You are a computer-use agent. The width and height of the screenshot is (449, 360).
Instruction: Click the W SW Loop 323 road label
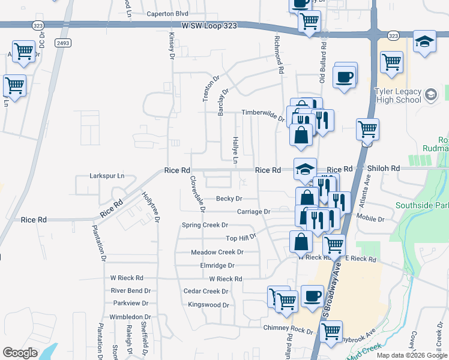tap(208, 26)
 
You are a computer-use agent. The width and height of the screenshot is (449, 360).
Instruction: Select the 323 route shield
tap(393, 36)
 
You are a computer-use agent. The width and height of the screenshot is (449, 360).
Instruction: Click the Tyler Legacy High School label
tap(397, 95)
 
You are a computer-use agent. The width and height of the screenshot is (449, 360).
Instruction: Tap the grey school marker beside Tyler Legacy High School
tap(430, 95)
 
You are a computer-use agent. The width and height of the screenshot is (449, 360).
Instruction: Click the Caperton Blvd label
tap(168, 13)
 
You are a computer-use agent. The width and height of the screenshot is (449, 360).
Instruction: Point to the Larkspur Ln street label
tap(106, 176)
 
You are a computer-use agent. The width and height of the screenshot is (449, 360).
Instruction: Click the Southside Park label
tap(422, 206)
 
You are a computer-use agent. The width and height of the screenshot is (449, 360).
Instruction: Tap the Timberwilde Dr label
tap(263, 113)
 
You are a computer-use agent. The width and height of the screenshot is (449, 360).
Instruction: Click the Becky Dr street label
tap(229, 199)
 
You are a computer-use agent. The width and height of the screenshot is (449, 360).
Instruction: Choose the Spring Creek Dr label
tap(205, 225)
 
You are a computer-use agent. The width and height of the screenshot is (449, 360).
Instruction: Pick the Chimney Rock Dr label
tap(288, 331)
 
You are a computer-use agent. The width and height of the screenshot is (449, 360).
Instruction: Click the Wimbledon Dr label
tap(129, 317)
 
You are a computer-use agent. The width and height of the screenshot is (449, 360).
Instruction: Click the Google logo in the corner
tap(20, 352)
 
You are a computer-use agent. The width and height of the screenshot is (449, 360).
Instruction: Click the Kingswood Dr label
tap(209, 305)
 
